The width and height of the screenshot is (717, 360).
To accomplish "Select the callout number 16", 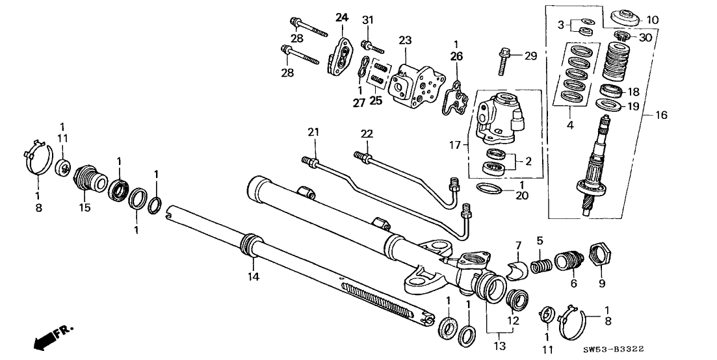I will tap(660, 115).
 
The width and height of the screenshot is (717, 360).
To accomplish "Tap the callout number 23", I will tap(406, 40).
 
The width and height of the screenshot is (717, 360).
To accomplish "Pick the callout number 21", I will tap(314, 133).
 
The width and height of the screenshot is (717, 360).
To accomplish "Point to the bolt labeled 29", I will tap(506, 60).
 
